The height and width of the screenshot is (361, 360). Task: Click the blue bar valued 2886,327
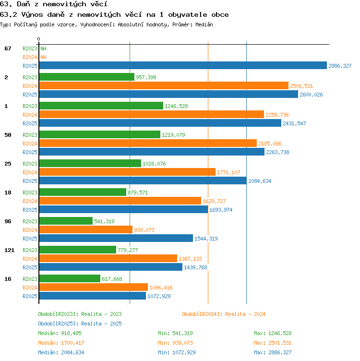click(183, 65)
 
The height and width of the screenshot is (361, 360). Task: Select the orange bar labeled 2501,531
click(164, 85)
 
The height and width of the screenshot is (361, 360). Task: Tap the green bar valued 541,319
click(66, 221)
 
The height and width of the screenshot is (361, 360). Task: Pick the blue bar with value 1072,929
click(93, 296)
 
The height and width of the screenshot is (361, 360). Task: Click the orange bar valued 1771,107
click(127, 172)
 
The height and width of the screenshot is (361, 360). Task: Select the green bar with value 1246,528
click(101, 106)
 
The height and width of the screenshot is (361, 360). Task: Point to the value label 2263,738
click(277, 152)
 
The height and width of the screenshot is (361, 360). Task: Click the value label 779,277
click(128, 250)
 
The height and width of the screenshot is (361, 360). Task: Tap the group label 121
click(10, 250)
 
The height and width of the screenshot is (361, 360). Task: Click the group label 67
click(8, 48)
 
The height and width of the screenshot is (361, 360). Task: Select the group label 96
click(8, 221)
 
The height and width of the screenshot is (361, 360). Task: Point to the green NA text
click(43, 48)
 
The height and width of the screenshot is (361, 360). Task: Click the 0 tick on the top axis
click(39, 39)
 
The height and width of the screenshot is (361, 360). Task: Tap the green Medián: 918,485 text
click(60, 333)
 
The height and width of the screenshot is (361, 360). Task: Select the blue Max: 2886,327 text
click(273, 352)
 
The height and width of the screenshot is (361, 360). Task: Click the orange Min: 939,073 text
click(175, 343)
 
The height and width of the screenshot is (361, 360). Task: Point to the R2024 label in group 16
click(30, 288)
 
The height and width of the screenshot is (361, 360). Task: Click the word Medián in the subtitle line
click(204, 24)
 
